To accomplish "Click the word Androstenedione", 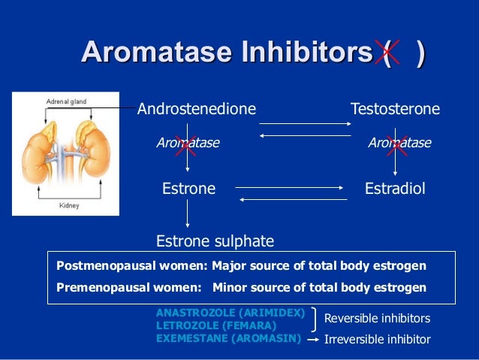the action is (197, 110).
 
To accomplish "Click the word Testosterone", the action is (395, 110).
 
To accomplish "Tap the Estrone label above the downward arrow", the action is (188, 189).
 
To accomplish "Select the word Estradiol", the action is (395, 189).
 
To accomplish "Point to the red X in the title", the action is (389, 53).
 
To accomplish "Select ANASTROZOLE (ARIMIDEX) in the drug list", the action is (230, 312).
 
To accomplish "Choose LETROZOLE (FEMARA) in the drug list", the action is (216, 325).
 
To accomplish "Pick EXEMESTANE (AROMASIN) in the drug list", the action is (228, 338).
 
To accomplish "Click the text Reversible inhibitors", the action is (377, 319).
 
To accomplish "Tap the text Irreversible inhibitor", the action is (377, 339).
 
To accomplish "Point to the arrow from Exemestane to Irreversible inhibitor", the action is (312, 339).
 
